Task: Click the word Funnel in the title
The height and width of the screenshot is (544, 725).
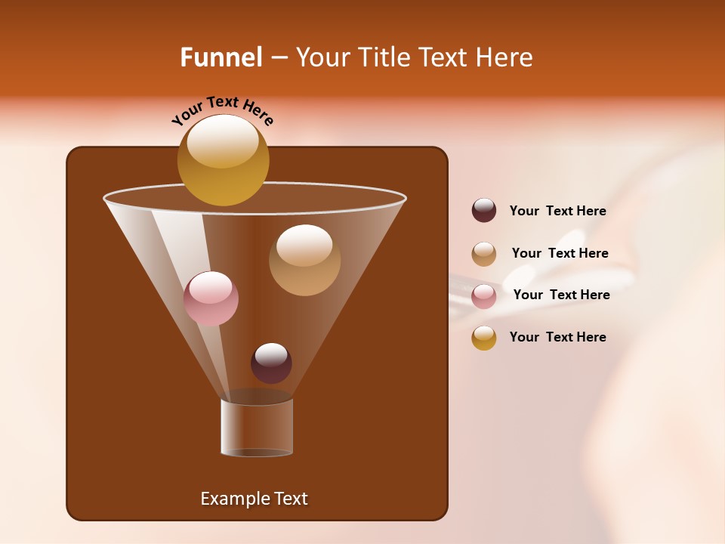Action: [221, 57]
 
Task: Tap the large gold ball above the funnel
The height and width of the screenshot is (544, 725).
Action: [223, 162]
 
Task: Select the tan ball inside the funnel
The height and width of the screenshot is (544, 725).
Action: [304, 261]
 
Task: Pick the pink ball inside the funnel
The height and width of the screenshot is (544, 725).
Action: [211, 298]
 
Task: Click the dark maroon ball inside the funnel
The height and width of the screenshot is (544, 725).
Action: [271, 363]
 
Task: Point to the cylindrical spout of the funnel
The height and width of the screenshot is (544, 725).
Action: [257, 427]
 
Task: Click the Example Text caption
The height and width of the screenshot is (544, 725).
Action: [254, 499]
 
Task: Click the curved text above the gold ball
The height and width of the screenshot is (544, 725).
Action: [222, 110]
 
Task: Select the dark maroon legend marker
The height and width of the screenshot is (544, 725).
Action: [484, 211]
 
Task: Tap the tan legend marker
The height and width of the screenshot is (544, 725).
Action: [484, 254]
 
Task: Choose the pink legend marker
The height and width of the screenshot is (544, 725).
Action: [484, 296]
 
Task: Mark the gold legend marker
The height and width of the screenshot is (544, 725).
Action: [484, 338]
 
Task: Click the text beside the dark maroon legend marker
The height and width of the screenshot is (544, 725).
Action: [557, 212]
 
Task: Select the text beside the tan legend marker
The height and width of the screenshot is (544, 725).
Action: [560, 254]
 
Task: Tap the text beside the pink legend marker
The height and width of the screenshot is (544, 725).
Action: [561, 295]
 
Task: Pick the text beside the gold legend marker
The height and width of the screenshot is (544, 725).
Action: [557, 337]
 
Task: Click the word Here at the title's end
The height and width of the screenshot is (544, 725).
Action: [505, 57]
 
